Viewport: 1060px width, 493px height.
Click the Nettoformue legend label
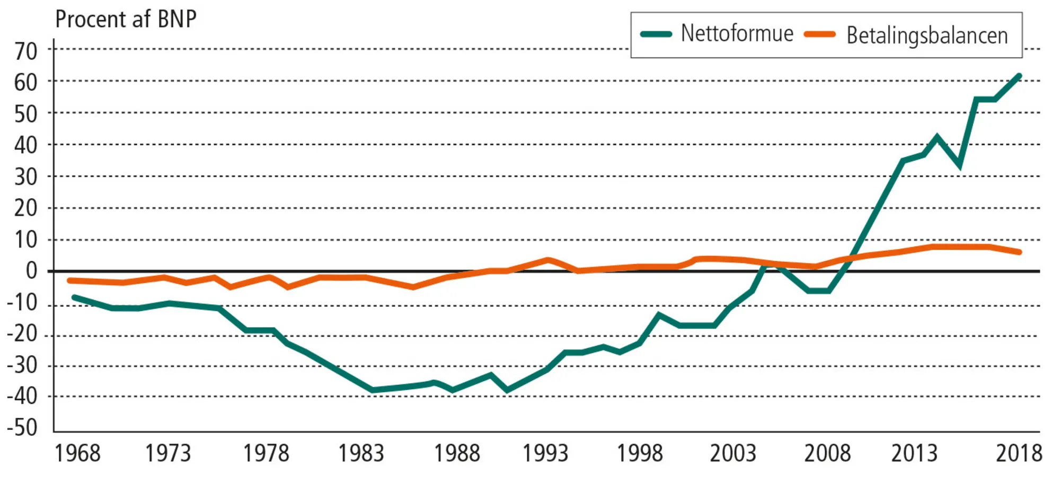click(x=737, y=33)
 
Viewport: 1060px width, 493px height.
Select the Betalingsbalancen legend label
click(x=927, y=36)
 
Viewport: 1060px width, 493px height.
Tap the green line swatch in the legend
click(x=656, y=34)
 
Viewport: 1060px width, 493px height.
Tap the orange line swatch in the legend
click(x=819, y=34)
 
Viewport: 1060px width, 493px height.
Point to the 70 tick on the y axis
click(x=26, y=51)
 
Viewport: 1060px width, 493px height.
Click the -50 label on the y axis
click(x=22, y=427)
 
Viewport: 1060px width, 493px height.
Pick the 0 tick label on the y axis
click(x=32, y=271)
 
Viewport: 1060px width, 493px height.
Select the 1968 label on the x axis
click(x=77, y=453)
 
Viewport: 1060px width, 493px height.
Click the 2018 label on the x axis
click(x=1019, y=453)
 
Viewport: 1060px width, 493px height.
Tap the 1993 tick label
click(x=545, y=453)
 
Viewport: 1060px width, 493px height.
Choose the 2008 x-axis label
click(x=827, y=453)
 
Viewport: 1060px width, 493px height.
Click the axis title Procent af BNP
click(x=126, y=19)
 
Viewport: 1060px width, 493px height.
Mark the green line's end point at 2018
click(x=1019, y=76)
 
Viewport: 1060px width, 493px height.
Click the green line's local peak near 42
click(x=937, y=137)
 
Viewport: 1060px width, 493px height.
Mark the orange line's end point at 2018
click(x=1019, y=252)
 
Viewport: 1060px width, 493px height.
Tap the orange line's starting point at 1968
click(x=69, y=280)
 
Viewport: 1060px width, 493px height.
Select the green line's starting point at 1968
click(x=74, y=297)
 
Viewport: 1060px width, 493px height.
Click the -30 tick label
click(x=22, y=365)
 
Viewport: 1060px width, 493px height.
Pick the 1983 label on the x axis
click(x=361, y=453)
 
